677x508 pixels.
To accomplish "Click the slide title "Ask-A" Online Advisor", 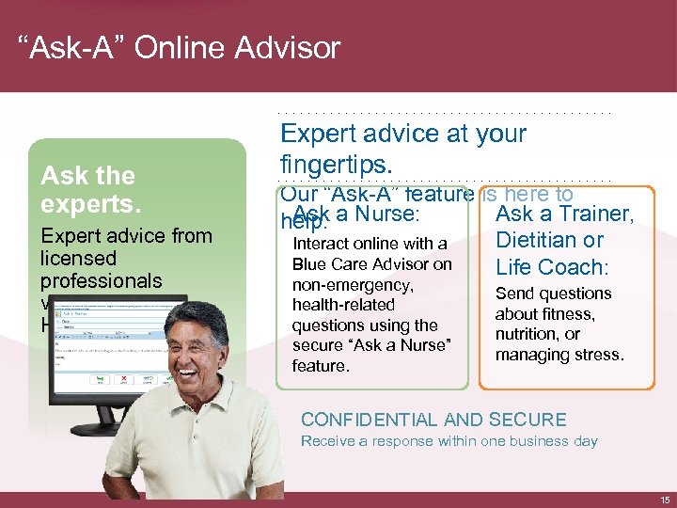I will pyautogui.click(x=179, y=47).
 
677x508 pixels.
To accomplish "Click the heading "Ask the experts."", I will pyautogui.click(x=87, y=189).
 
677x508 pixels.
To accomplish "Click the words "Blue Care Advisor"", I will pyautogui.click(x=372, y=264).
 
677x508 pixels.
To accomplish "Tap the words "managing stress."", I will pyautogui.click(x=559, y=355).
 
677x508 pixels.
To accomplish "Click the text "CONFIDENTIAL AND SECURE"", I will pyautogui.click(x=433, y=421).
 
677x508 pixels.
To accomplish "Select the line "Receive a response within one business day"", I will pyautogui.click(x=449, y=441).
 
